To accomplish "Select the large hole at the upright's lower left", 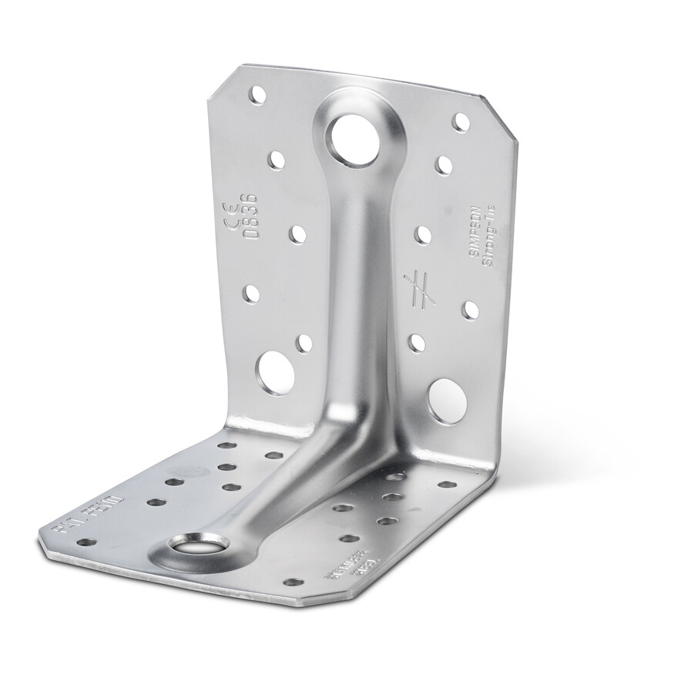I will tap(274, 371).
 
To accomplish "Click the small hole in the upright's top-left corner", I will tap(259, 96).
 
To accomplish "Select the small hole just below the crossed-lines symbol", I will tap(417, 341).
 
